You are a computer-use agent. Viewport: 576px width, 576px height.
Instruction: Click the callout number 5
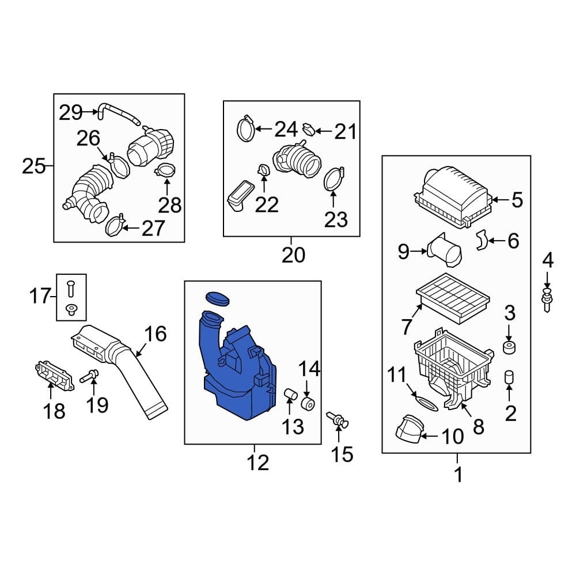(x=516, y=200)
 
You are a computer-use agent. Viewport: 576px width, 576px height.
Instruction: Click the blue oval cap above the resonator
(x=217, y=298)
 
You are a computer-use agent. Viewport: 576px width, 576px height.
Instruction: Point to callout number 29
(x=71, y=112)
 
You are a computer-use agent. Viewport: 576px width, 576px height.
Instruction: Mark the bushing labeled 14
(x=308, y=403)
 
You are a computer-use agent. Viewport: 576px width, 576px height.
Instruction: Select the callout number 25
(x=33, y=166)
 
